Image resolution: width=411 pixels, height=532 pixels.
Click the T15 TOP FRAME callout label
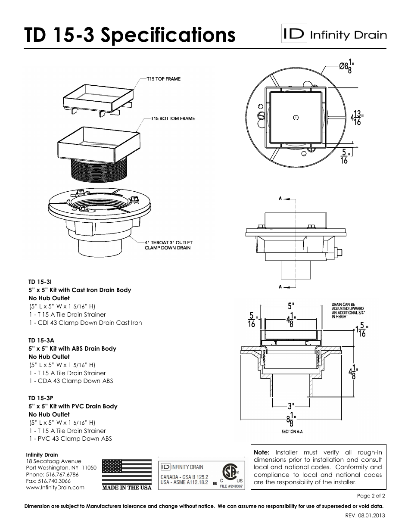coord(163,79)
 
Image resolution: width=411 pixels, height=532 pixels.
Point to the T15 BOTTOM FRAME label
coord(172,118)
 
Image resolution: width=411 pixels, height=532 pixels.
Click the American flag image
coord(127,472)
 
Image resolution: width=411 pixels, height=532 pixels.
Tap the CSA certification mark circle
coord(230,471)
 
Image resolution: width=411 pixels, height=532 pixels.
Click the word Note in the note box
coord(261,452)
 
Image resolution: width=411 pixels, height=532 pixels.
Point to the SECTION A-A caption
coord(292,431)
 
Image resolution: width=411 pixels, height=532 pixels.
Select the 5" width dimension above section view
coord(291,306)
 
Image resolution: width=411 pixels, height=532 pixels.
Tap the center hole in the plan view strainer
coord(296,117)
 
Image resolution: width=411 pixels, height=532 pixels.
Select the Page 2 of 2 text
coord(371,496)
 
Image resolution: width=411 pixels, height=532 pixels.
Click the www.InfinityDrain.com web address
coord(55,487)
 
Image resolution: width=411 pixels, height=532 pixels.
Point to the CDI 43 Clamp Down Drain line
coord(85,323)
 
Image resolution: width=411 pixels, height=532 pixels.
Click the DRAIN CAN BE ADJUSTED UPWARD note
coord(348,311)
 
